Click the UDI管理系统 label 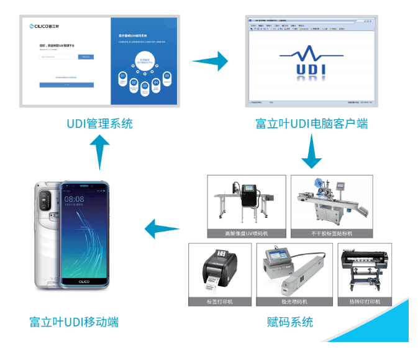tap(99, 123)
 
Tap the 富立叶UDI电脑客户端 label tap(311, 123)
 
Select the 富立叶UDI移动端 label tap(74, 322)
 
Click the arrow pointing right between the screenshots tap(210, 61)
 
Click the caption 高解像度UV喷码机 tap(247, 234)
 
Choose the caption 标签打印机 tap(219, 302)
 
